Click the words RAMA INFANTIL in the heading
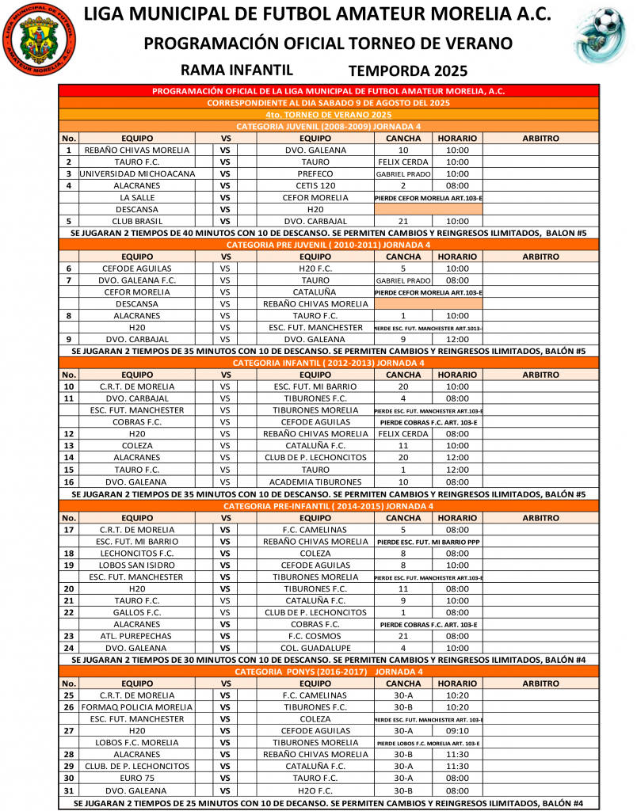237,70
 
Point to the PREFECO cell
315,173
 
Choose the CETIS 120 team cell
315,185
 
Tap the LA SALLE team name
137,197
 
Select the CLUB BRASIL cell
137,221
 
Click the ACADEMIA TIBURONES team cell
315,482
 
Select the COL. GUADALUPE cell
315,648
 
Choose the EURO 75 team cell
137,778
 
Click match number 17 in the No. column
69,529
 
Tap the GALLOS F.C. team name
137,612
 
